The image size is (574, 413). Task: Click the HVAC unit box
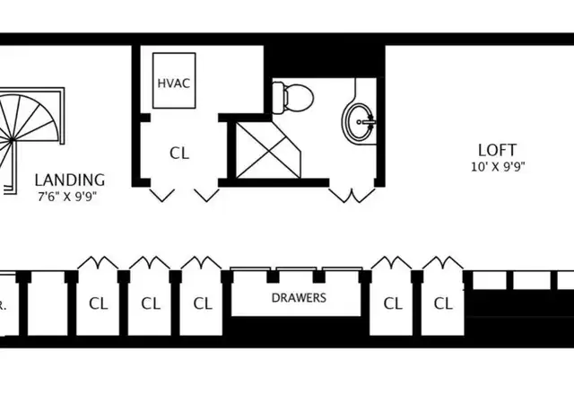pos(174,81)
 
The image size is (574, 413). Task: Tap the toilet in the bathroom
pos(293,98)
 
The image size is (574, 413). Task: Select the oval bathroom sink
pos(358,122)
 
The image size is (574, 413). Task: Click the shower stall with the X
pos(268,150)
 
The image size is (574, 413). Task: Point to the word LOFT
pos(497,150)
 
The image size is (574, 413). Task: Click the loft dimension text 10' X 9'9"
pos(498,167)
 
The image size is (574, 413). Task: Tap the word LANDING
pos(70,180)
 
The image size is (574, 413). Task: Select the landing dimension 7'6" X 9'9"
pos(67,197)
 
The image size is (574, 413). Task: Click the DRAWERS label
pos(299,298)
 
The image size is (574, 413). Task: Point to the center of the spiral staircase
pos(12,140)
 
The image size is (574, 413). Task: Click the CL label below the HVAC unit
pos(179,154)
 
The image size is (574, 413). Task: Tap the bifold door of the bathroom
pos(352,196)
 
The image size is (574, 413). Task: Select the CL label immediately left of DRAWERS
pos(203,303)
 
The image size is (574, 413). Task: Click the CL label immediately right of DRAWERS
pos(393,303)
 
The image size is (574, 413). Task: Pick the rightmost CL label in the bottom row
pos(443,303)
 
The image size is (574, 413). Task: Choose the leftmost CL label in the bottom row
pos(99,303)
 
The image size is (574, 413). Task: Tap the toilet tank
pos(278,98)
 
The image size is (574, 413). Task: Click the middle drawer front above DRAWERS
pos(296,269)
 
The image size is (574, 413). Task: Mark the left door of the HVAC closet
pos(161,195)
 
